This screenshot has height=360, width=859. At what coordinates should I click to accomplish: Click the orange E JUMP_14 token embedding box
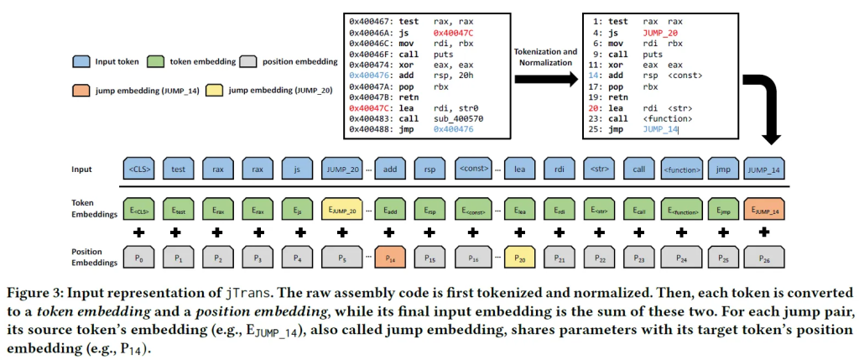764,210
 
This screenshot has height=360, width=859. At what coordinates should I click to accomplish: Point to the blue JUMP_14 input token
764,168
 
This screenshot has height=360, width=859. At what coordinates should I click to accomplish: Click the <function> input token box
681,168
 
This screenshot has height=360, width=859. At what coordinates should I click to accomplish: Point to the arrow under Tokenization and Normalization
545,78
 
